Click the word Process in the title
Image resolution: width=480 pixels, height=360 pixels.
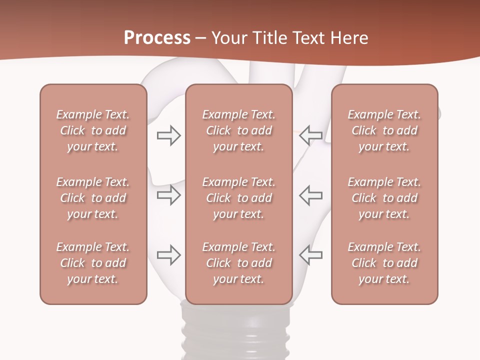pyautogui.click(x=157, y=37)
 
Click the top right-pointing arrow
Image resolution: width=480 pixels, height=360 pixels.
pyautogui.click(x=168, y=135)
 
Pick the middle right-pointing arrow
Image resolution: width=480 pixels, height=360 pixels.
pyautogui.click(x=168, y=195)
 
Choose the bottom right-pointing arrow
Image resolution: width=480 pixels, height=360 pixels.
pyautogui.click(x=168, y=255)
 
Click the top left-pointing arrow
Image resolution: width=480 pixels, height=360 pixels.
pyautogui.click(x=311, y=135)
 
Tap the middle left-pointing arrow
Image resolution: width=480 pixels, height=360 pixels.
pyautogui.click(x=311, y=195)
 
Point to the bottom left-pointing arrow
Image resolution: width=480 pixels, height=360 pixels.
pyautogui.click(x=311, y=255)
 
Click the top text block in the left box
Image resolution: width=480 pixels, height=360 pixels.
pyautogui.click(x=93, y=130)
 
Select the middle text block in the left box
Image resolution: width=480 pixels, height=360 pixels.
pyautogui.click(x=93, y=198)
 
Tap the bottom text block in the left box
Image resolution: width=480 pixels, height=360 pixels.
pyautogui.click(x=93, y=263)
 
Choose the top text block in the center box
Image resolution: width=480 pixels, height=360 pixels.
pyautogui.click(x=238, y=130)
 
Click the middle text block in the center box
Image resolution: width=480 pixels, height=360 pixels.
pyautogui.click(x=238, y=198)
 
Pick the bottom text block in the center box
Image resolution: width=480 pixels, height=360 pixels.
pyautogui.click(x=238, y=263)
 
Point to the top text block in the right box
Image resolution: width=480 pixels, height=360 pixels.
pyautogui.click(x=384, y=130)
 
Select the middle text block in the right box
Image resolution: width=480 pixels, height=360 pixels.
pyautogui.click(x=384, y=198)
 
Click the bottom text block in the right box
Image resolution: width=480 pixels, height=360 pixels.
pyautogui.click(x=384, y=263)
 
